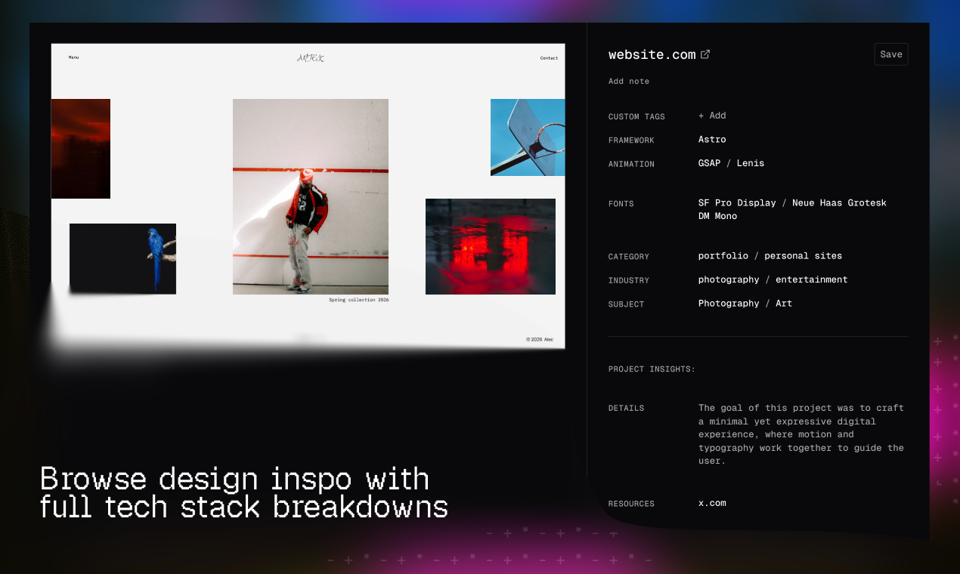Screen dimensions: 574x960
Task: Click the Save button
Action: tap(891, 54)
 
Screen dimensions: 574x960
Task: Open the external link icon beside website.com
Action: tap(705, 54)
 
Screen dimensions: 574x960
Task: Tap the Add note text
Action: tap(629, 82)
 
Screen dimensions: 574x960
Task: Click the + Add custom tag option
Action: tap(712, 116)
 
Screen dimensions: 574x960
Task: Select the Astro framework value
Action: tap(712, 140)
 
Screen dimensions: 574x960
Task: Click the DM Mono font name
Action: tap(717, 216)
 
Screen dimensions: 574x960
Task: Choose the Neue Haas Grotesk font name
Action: tap(839, 203)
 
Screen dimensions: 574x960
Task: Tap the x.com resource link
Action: tap(712, 503)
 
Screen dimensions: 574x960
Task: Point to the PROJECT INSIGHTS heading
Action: tap(652, 369)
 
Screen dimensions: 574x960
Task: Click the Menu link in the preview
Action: tap(73, 58)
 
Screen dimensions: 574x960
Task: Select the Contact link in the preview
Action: tap(549, 58)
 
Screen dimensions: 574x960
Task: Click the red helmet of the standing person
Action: tap(306, 176)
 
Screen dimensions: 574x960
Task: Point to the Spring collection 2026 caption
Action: tap(358, 300)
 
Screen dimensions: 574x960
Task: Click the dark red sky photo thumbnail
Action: tap(81, 149)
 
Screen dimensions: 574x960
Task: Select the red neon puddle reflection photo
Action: tap(490, 246)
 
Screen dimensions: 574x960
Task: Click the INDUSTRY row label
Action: tap(629, 281)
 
